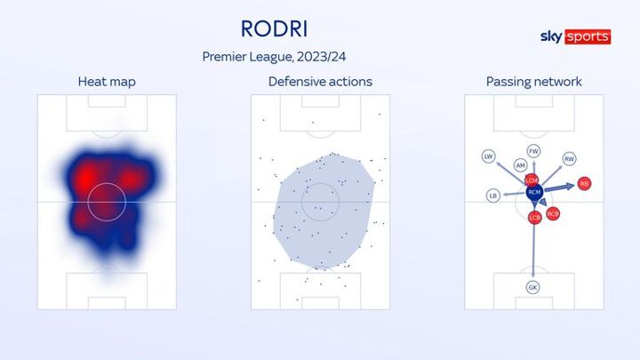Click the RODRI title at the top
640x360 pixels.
point(275,29)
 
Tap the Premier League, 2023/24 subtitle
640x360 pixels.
point(274,57)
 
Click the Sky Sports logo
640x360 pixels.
point(575,36)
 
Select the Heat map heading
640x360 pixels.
point(107,82)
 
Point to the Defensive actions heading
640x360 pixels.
point(320,82)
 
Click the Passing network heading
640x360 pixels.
point(534,82)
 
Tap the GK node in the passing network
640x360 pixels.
point(533,287)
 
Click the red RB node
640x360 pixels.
point(585,184)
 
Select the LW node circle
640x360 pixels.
point(489,156)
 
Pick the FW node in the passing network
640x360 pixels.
point(533,151)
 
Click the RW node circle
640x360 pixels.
point(570,159)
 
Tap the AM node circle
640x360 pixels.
point(520,165)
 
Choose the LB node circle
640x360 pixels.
point(493,196)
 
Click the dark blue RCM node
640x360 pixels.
point(534,192)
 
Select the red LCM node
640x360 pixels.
point(532,180)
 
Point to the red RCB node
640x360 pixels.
point(553,213)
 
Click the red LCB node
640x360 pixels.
point(535,218)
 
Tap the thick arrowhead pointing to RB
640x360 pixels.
point(570,187)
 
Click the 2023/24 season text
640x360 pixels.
point(321,57)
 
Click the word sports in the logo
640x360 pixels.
point(588,36)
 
